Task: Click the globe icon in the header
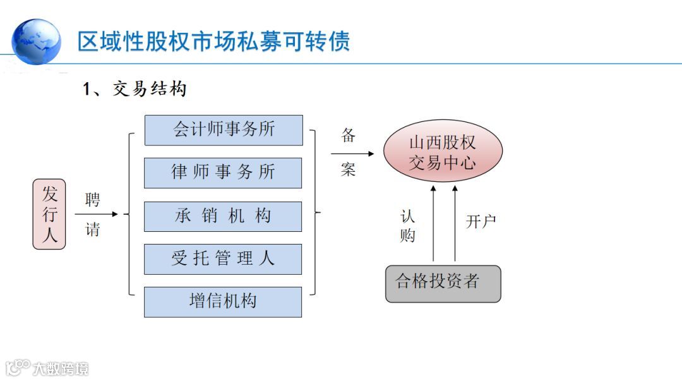click(37, 41)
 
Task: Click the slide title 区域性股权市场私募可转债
click(213, 41)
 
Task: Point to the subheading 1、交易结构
click(135, 89)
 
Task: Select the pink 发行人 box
click(49, 214)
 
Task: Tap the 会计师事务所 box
click(223, 130)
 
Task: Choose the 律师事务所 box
click(223, 172)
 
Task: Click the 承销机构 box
click(223, 216)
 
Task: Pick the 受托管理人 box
click(223, 259)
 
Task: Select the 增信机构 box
click(223, 301)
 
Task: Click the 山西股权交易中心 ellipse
click(443, 152)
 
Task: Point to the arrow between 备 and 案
click(352, 154)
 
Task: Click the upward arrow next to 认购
click(433, 224)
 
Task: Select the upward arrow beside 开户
click(455, 224)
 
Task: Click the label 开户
click(481, 221)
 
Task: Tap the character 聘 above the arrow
click(93, 200)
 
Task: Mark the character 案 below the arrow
click(349, 169)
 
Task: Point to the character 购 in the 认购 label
click(408, 235)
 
